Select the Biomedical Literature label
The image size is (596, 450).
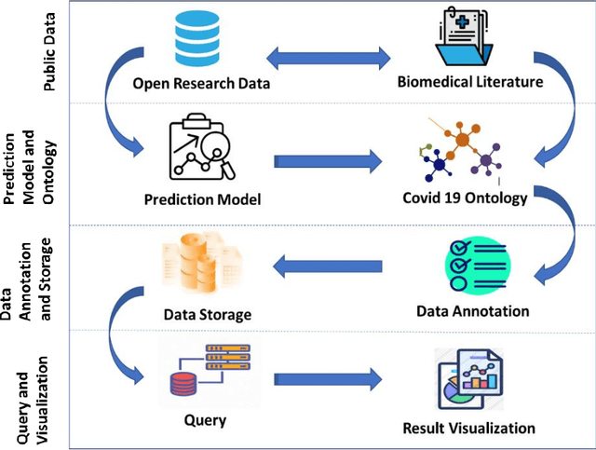[x=469, y=83]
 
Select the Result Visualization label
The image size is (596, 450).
[x=468, y=429]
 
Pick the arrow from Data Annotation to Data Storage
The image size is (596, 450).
[x=328, y=268]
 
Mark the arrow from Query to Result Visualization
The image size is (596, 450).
[x=329, y=379]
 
